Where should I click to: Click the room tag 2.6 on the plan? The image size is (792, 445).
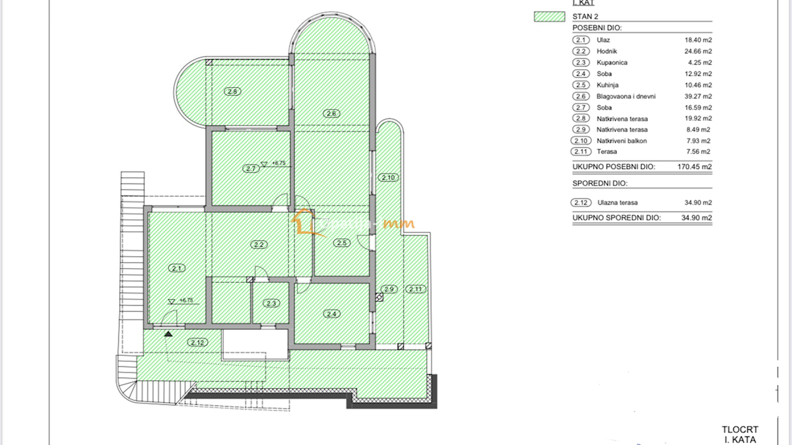pyautogui.click(x=332, y=114)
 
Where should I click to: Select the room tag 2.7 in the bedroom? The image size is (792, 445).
pyautogui.click(x=250, y=168)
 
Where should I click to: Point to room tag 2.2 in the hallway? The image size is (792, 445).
pyautogui.click(x=259, y=245)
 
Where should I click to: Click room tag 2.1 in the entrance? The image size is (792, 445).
pyautogui.click(x=176, y=268)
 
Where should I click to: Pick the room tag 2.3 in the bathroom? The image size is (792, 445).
pyautogui.click(x=271, y=304)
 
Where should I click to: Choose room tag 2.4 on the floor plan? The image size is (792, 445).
pyautogui.click(x=332, y=314)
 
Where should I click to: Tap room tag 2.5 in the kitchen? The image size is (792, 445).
pyautogui.click(x=341, y=243)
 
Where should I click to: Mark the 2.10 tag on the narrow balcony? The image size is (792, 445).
pyautogui.click(x=387, y=178)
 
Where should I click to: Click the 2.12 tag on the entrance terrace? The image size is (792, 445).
pyautogui.click(x=197, y=342)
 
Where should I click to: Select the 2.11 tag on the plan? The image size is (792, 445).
pyautogui.click(x=416, y=289)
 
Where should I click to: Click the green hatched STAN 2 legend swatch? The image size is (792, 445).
pyautogui.click(x=549, y=17)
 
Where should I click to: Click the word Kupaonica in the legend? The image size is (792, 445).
pyautogui.click(x=612, y=62)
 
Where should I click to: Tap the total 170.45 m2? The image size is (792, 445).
pyautogui.click(x=694, y=167)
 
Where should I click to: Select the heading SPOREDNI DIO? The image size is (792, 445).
pyautogui.click(x=600, y=183)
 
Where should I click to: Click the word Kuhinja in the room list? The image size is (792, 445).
pyautogui.click(x=609, y=85)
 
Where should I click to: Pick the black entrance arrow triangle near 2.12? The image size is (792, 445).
pyautogui.click(x=169, y=334)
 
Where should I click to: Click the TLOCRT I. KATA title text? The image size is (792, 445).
pyautogui.click(x=739, y=434)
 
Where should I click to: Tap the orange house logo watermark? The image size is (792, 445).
pyautogui.click(x=303, y=222)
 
